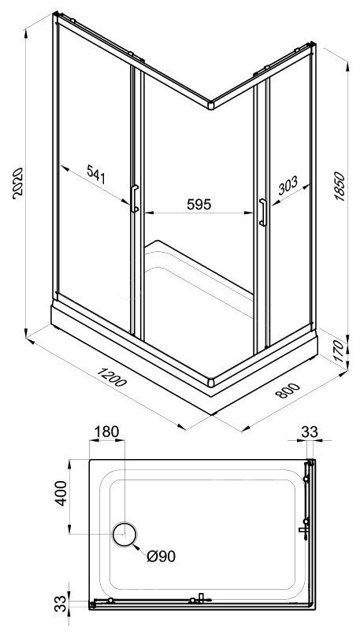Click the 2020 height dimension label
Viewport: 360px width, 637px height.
coord(18,183)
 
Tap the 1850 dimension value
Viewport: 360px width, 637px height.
coord(339,187)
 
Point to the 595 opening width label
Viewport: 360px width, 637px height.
coord(199,205)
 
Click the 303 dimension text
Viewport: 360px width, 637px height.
coord(288,185)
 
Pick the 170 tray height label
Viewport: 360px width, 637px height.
coord(339,352)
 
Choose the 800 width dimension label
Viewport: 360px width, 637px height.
coord(288,391)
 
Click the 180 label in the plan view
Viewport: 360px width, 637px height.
coord(107,431)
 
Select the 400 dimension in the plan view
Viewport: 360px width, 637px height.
coord(61,493)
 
